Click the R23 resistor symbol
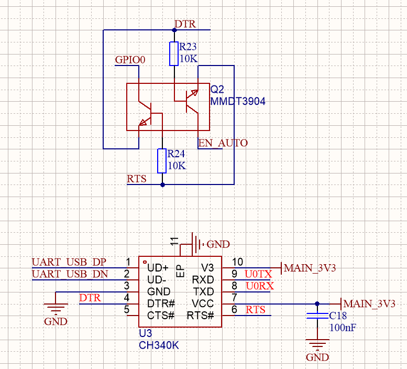(174, 54)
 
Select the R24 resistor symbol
(162, 161)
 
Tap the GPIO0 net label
(130, 60)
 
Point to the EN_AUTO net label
(223, 143)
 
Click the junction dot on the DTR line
(174, 30)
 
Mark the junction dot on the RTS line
(162, 185)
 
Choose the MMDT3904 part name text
(238, 101)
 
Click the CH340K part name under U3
(159, 345)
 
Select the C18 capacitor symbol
(317, 316)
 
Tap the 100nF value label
(343, 328)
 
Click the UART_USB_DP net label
(69, 262)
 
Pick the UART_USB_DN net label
(70, 274)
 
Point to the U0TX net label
(258, 274)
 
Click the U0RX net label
(260, 286)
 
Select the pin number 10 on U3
(237, 262)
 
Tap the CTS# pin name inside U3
(161, 316)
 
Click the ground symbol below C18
(317, 343)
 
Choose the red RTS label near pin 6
(256, 310)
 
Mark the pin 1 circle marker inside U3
(145, 262)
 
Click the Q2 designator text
(217, 90)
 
